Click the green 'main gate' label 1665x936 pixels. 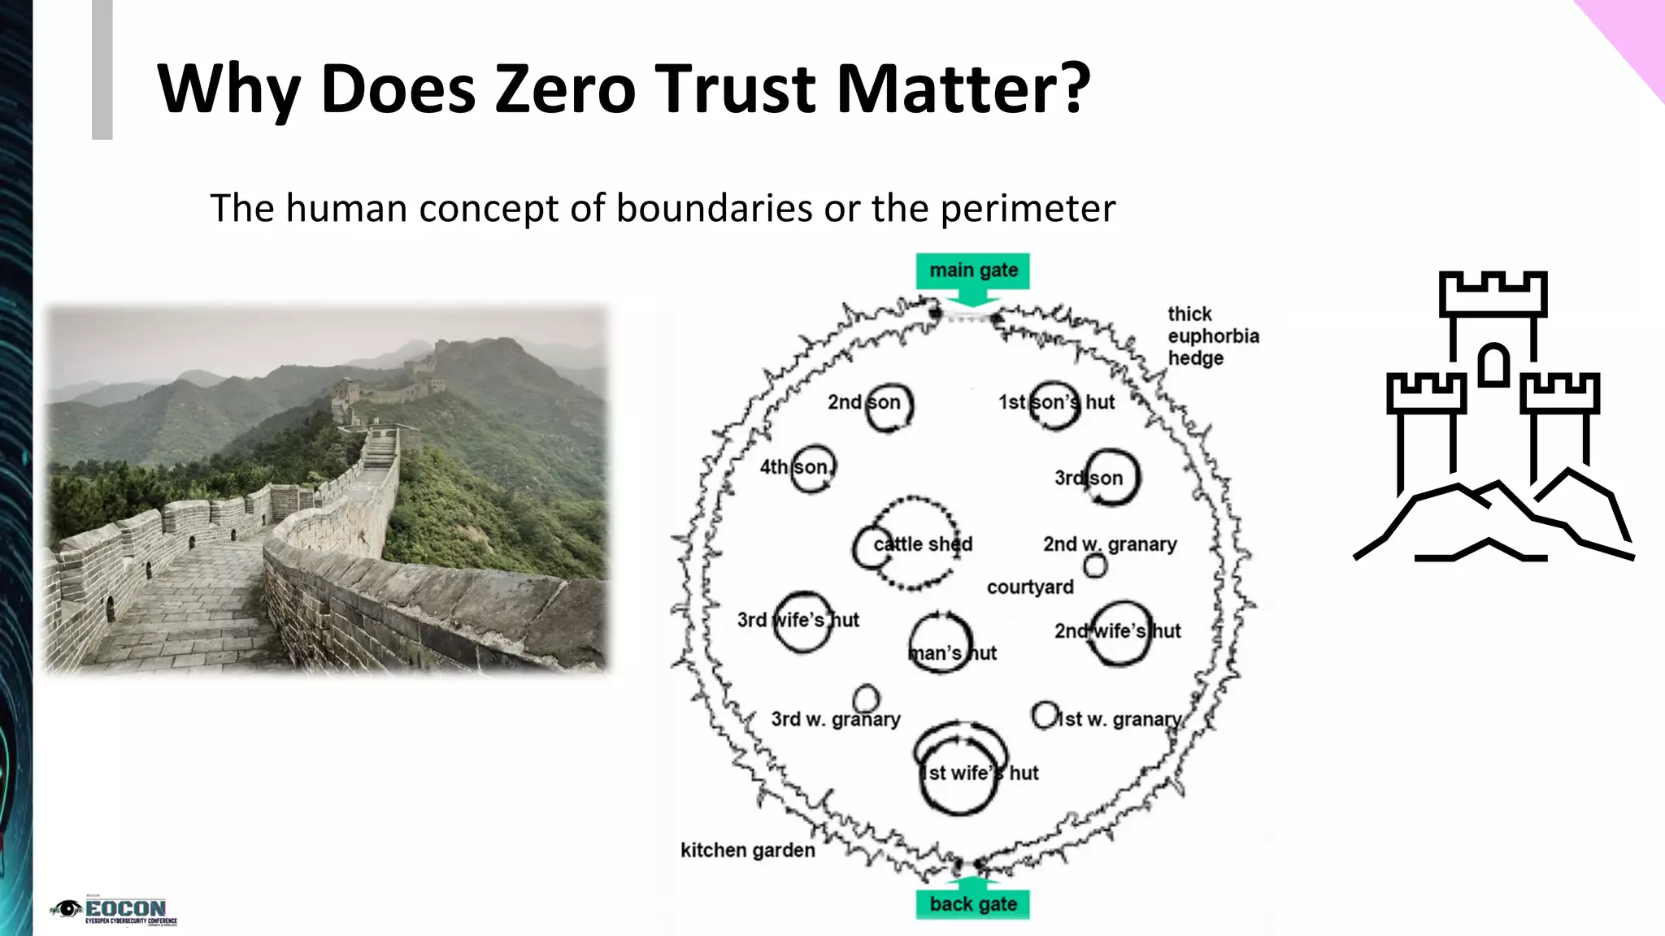click(x=973, y=271)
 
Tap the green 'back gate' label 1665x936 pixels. click(x=973, y=904)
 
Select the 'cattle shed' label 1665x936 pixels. click(x=923, y=544)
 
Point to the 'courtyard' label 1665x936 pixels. click(x=1030, y=587)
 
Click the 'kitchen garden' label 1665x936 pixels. click(x=747, y=851)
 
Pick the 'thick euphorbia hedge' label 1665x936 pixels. click(x=1213, y=336)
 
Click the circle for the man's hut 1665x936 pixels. click(x=941, y=642)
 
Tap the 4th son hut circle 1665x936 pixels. click(x=812, y=468)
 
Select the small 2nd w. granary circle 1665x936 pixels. click(x=1095, y=565)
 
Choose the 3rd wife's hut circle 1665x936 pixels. click(x=802, y=622)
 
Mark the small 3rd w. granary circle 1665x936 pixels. click(x=867, y=698)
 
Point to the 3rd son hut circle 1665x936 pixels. click(x=1111, y=478)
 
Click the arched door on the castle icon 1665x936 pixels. click(x=1493, y=365)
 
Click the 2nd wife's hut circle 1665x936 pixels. click(x=1120, y=632)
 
